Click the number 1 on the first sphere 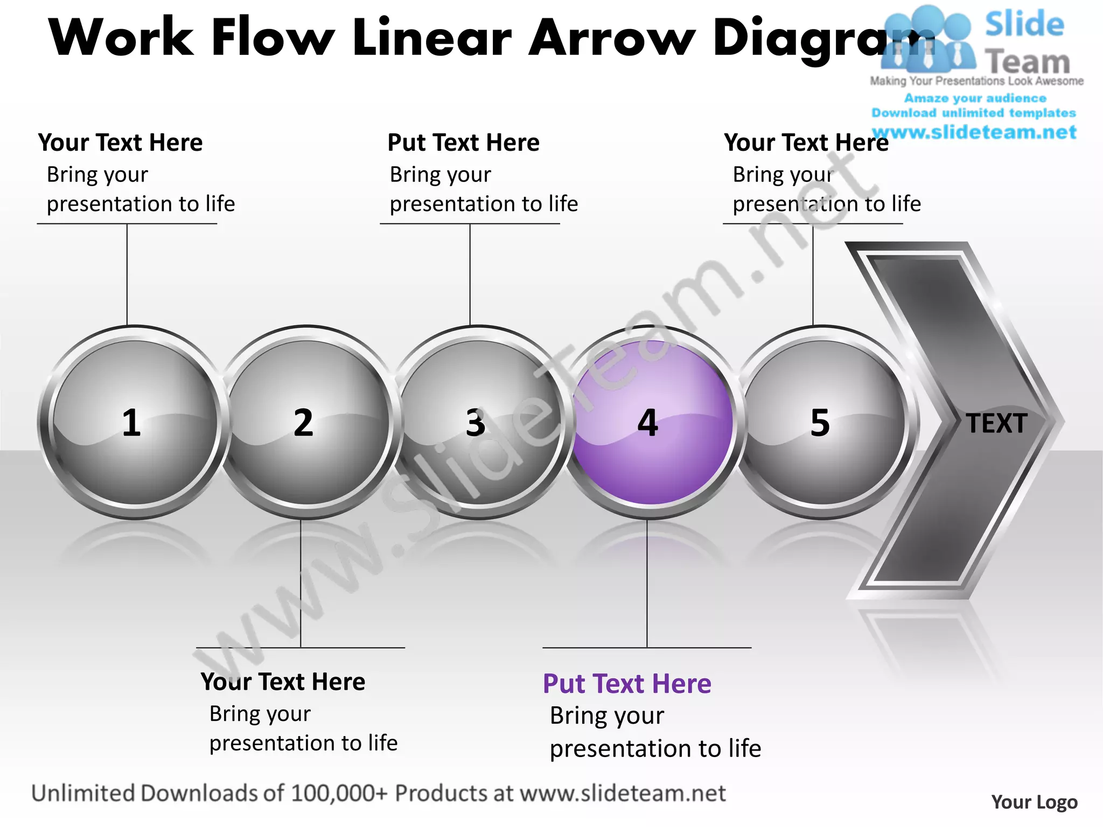click(131, 423)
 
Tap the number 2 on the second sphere click(303, 423)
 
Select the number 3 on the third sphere click(476, 423)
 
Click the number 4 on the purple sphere click(648, 423)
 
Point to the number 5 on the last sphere click(820, 423)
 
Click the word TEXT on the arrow click(996, 423)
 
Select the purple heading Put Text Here click(627, 684)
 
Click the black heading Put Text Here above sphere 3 click(463, 143)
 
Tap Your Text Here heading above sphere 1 click(120, 143)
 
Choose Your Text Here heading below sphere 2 click(283, 682)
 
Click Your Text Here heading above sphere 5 click(806, 143)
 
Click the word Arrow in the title click(612, 38)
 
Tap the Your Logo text click(1034, 802)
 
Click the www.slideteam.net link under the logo click(974, 132)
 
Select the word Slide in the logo click(1024, 24)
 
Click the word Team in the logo click(1028, 62)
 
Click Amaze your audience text click(975, 98)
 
